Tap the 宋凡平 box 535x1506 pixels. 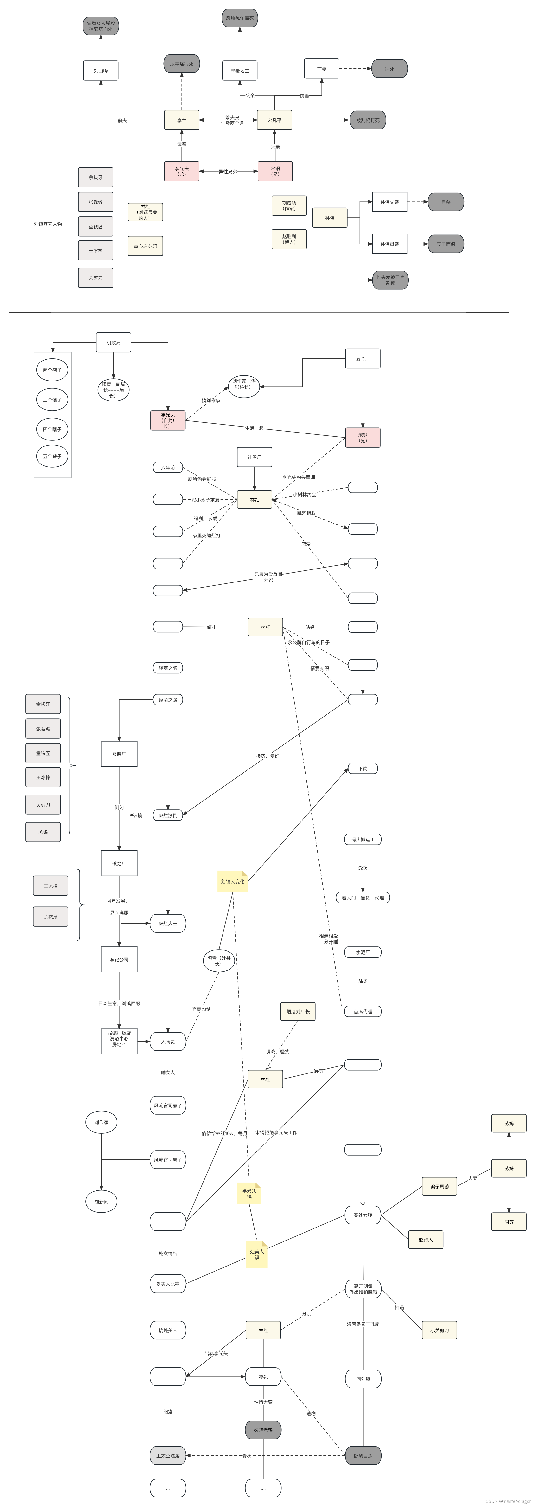274,120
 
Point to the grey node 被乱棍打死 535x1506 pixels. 367,120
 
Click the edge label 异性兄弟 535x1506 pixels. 228,171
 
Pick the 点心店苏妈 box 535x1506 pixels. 146,246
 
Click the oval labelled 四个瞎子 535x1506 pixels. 52,429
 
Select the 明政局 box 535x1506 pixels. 113,343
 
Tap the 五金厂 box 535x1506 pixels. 363,358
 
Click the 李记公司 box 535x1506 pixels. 119,959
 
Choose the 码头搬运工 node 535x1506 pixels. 363,840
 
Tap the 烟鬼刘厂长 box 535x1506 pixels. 298,1011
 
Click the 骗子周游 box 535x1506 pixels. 439,1186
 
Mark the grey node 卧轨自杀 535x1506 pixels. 363,1455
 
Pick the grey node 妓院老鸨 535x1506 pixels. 263,1430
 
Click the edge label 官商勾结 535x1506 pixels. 202,1009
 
